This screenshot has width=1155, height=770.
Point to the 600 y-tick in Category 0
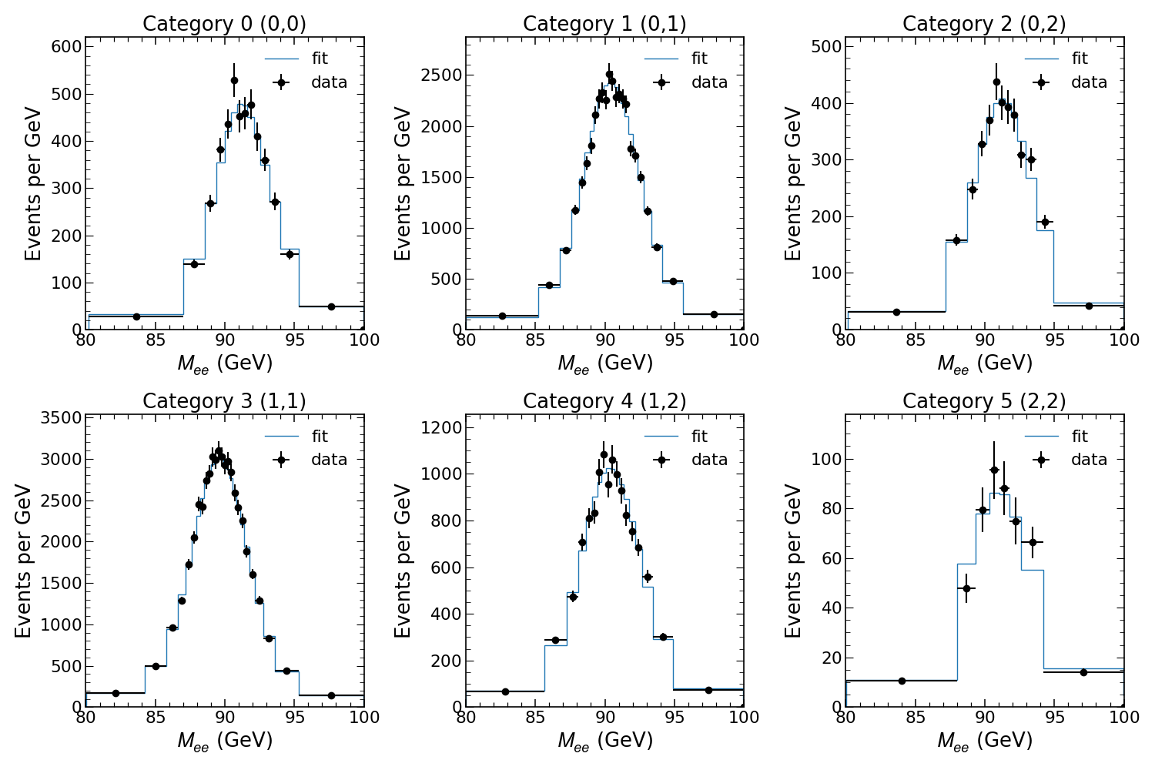65,47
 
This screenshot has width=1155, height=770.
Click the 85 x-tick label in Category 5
915,717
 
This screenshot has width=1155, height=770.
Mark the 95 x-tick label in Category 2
1054,340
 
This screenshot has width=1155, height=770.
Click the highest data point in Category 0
234,80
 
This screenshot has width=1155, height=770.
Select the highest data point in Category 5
994,470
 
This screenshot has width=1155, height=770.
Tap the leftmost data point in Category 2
896,312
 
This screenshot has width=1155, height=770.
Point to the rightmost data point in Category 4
708,690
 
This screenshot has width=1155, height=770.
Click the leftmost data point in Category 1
502,316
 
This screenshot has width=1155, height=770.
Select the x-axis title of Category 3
225,741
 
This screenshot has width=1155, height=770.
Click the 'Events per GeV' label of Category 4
404,561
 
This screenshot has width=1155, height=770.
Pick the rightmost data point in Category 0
331,306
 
